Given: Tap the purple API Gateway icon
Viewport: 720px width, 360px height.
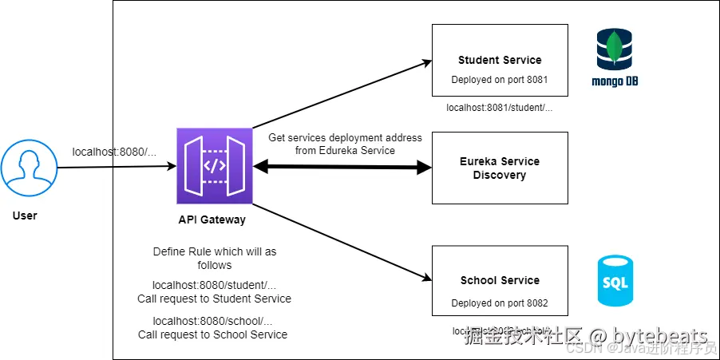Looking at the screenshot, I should coord(212,166).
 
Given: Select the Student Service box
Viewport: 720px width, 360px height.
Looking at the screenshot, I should coord(500,61).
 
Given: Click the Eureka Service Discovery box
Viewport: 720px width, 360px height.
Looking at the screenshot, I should coord(500,168).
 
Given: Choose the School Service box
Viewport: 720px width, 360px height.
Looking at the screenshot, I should coord(500,281).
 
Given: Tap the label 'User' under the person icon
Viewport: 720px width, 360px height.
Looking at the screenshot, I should coord(25,216).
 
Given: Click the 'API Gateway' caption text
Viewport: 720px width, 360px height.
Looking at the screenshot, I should coord(212,220).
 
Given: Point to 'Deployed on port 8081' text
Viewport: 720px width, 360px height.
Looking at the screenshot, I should coord(500,80).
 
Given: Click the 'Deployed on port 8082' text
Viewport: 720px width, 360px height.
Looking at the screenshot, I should coord(500,303).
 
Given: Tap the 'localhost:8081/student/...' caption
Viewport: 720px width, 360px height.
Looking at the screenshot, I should coord(500,107).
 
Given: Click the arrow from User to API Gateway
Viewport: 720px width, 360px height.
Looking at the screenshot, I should coord(112,167).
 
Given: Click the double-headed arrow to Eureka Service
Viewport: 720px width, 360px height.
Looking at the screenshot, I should coord(342,167).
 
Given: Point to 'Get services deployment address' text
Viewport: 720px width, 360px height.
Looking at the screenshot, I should coord(345,138).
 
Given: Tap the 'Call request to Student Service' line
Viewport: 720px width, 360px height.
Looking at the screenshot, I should coord(214,299).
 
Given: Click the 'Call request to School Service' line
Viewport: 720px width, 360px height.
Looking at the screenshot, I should coord(212,334).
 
